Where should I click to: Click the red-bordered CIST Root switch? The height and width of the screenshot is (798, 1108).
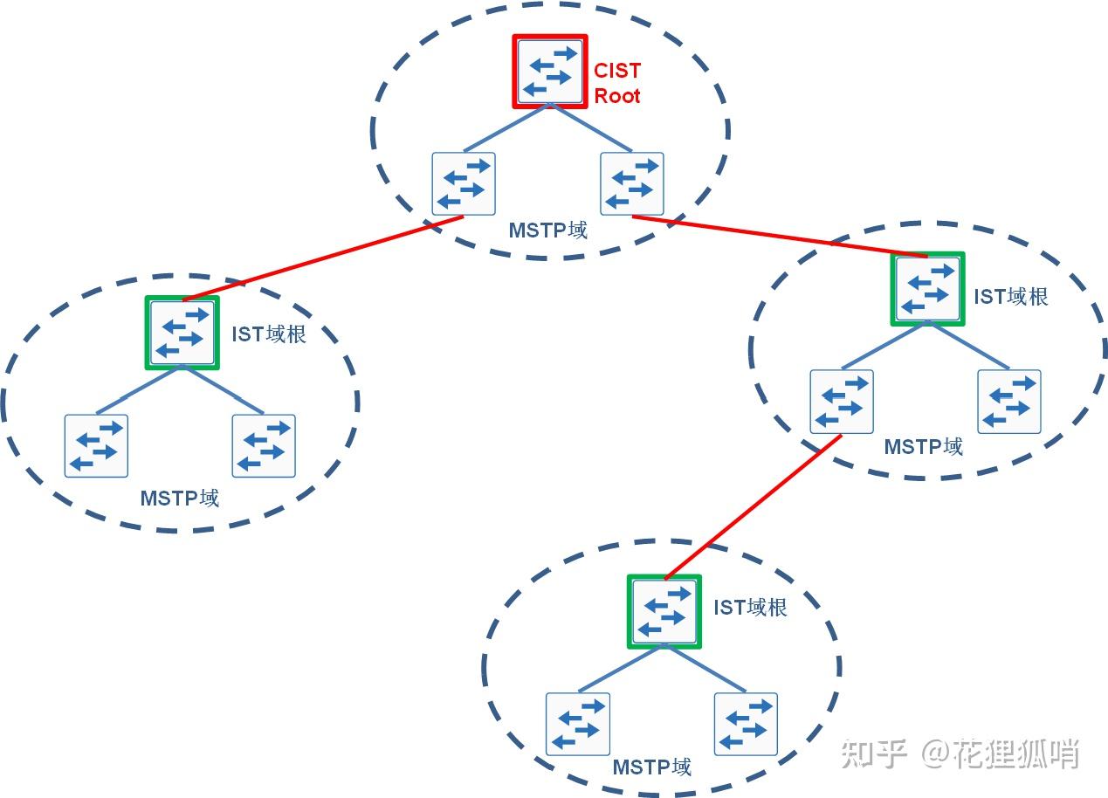click(x=549, y=72)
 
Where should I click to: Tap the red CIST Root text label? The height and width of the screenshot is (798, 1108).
click(x=617, y=83)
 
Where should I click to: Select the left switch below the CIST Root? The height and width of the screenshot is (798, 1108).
click(x=464, y=183)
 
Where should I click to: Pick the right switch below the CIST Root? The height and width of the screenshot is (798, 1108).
click(x=632, y=183)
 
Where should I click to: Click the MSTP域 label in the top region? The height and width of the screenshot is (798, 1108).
click(x=548, y=230)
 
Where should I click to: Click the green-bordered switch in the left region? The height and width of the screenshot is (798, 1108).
click(x=182, y=333)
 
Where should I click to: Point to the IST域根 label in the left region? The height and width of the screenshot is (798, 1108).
click(x=269, y=334)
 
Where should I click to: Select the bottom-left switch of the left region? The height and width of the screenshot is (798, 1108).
click(x=96, y=445)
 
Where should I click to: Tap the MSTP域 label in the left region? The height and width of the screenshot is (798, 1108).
click(x=180, y=499)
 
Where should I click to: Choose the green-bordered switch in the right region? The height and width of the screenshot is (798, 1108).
click(x=927, y=289)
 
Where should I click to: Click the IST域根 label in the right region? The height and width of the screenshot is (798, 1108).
click(x=1011, y=296)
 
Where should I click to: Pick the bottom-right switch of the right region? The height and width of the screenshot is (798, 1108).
click(x=1009, y=401)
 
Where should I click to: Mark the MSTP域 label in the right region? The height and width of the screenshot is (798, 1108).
click(x=924, y=447)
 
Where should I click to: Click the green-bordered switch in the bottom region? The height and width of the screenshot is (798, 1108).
click(x=664, y=611)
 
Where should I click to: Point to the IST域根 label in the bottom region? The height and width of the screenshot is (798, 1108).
click(x=751, y=607)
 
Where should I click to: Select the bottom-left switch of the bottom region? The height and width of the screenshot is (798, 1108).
click(x=578, y=724)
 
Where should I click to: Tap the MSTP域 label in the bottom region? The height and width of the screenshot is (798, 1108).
click(x=652, y=767)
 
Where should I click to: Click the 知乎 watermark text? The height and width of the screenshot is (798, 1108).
click(x=874, y=753)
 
